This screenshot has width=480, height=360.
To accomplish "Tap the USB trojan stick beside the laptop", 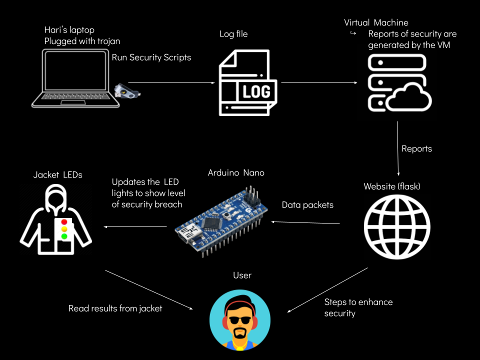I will pos(127,90).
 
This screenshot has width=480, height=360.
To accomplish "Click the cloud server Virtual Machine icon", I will pos(399,83).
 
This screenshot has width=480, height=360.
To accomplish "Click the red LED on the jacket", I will pos(63,221).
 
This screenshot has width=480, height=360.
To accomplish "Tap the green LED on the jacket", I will pos(63,236).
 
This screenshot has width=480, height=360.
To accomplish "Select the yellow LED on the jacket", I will pos(63,229).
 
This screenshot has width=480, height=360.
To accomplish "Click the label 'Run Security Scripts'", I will pos(151,57).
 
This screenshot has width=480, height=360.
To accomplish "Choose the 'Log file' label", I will pos(233,34).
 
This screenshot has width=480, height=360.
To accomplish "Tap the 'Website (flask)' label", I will pos(392,187).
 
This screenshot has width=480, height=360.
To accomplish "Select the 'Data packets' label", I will pos(307,205).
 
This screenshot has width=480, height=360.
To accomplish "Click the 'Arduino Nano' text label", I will pos(236,173).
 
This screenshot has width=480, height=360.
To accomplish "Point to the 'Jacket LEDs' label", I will pos(58,174).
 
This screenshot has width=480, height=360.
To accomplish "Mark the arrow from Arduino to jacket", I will pos(135,227).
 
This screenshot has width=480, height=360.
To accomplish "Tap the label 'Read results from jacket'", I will pos(115,308).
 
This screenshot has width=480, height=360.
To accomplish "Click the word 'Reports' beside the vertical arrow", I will pos(416,149).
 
